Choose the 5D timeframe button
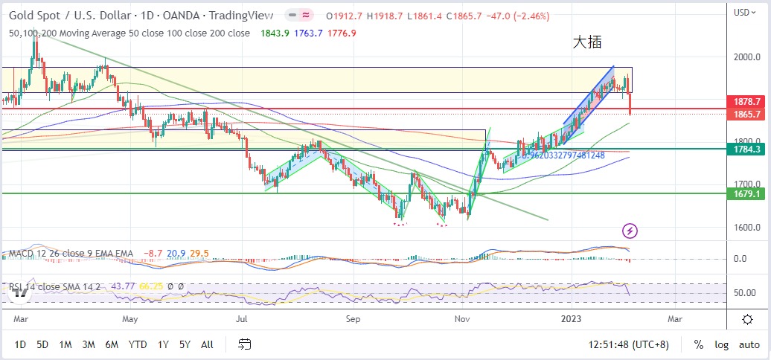pos(43,344)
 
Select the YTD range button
pos(137,344)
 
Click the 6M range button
pos(112,344)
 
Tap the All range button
pos(207,344)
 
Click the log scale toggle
pos(722,344)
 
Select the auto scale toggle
pos(749,344)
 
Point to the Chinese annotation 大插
pos(586,43)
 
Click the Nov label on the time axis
pos(463,319)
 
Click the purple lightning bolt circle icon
pos(630,231)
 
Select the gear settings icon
pos(747,319)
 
